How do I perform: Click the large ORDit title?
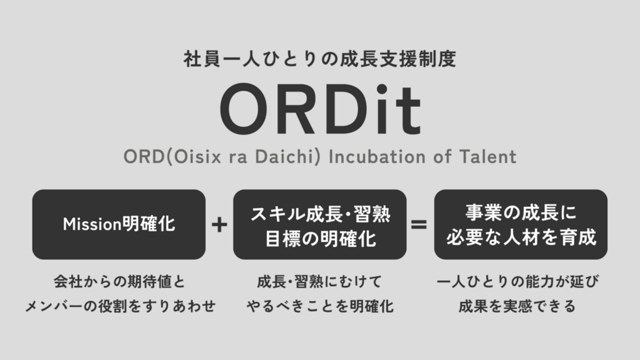320,109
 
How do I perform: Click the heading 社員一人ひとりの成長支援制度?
320,59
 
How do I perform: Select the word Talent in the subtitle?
488,156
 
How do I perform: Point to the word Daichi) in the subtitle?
288,157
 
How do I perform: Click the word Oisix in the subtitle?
197,157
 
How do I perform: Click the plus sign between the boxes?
220,224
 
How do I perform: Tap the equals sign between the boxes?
419,224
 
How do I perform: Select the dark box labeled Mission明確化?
119,224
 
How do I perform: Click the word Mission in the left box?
92,224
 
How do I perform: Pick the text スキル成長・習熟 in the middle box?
320,214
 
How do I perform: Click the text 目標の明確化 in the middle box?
320,239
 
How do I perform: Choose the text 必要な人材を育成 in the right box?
521,237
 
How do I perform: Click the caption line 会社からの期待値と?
120,281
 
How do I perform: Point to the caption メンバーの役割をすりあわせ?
120,306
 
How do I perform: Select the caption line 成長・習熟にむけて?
320,281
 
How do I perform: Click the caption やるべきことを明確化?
320,306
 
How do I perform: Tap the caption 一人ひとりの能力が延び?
517,281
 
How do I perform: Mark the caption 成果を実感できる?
517,306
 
